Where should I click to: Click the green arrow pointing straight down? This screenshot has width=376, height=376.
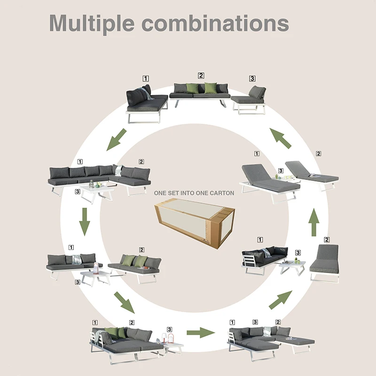point(84,221)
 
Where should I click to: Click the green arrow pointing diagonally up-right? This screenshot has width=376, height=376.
point(281,300)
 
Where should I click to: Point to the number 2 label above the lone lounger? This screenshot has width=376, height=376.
point(327,240)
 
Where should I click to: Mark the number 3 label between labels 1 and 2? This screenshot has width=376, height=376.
point(255,322)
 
